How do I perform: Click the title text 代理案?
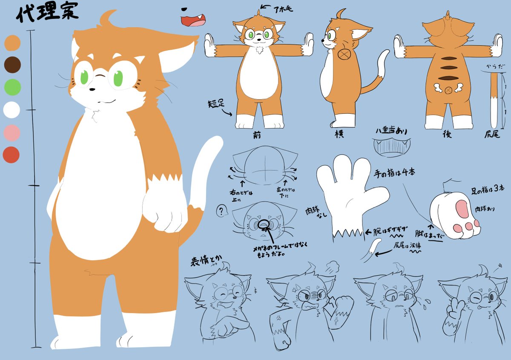pos(47,14)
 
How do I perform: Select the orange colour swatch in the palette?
pos(12,43)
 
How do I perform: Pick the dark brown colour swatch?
pos(12,65)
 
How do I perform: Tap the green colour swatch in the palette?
pos(12,87)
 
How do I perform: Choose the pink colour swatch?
pos(11,132)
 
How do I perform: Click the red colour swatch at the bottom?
pos(11,154)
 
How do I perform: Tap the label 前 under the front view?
pos(256,135)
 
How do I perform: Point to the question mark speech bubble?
pos(221,210)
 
